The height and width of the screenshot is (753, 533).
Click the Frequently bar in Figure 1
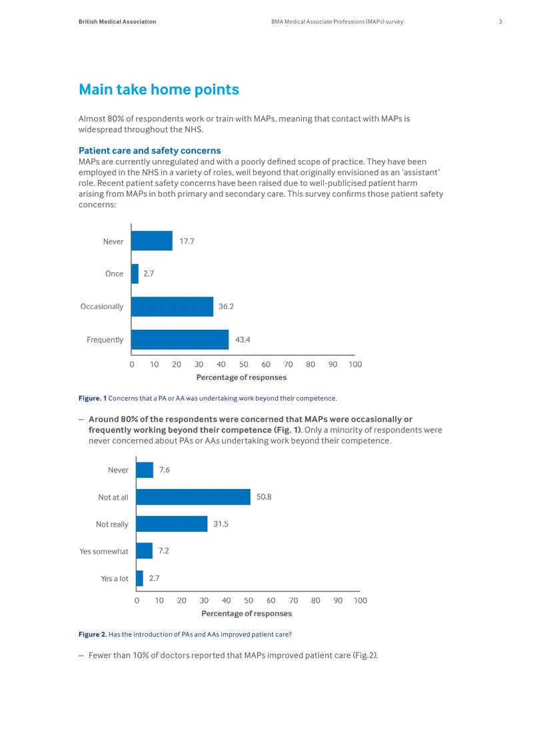tap(180, 340)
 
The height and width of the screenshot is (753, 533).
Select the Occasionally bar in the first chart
tap(173, 307)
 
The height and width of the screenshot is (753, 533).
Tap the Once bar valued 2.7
tap(135, 274)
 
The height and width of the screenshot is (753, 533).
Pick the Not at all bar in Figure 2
tap(193, 497)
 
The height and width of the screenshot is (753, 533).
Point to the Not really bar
tap(172, 524)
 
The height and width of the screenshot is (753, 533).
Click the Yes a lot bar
tap(140, 578)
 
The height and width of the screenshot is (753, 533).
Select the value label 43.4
tap(243, 340)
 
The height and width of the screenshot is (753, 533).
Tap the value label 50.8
tap(264, 497)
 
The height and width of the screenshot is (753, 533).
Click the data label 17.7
tap(187, 241)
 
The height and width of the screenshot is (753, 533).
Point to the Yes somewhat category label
tap(104, 551)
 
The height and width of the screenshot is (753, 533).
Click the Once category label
tap(115, 274)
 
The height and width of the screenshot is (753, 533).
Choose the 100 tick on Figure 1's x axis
tap(355, 365)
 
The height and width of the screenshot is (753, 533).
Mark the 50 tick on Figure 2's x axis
tap(249, 600)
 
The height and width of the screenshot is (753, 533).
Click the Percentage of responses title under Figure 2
tap(247, 613)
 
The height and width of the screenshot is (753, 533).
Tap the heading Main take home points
tap(159, 89)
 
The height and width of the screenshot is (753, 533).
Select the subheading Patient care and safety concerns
tap(150, 151)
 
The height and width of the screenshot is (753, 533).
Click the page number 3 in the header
tap(500, 21)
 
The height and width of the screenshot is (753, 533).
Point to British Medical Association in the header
tap(117, 21)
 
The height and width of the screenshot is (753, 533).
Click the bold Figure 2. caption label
tap(93, 634)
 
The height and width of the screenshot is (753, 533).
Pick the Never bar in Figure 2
tap(145, 470)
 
